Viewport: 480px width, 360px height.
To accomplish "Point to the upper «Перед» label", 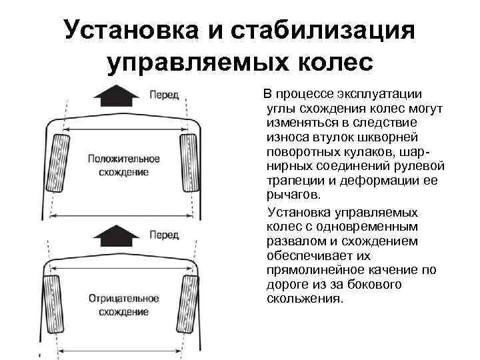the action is tap(164, 95).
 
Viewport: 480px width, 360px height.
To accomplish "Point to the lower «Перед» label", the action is tap(164, 235).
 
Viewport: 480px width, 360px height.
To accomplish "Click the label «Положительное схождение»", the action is tap(124, 165).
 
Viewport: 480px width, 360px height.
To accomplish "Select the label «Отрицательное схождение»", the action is tap(124, 305).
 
